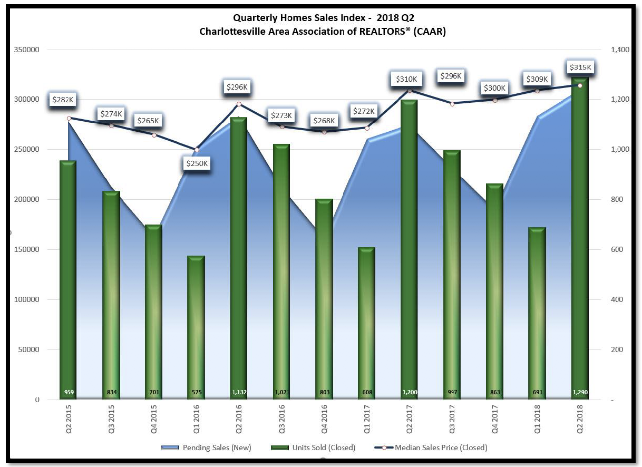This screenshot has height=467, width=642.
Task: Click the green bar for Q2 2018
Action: (x=580, y=238)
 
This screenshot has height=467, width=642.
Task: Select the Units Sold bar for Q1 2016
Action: (x=196, y=327)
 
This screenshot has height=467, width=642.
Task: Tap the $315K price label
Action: (x=580, y=67)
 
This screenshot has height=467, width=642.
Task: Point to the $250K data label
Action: (x=197, y=163)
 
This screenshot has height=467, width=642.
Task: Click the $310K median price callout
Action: (x=406, y=79)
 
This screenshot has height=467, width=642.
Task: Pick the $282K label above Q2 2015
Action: (x=63, y=100)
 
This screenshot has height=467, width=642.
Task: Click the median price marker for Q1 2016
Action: (x=197, y=150)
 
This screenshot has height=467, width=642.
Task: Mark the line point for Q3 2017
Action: (x=452, y=104)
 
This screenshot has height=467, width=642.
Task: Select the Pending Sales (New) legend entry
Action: (x=207, y=447)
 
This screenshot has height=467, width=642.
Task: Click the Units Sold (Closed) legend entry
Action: (x=313, y=447)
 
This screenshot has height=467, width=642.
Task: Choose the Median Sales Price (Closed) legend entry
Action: (x=431, y=447)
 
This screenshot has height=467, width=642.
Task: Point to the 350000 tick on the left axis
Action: (x=27, y=50)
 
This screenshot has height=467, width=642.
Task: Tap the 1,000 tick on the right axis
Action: (x=620, y=149)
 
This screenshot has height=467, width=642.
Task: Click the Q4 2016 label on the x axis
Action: (x=324, y=419)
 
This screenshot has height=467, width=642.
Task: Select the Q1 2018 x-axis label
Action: (x=538, y=419)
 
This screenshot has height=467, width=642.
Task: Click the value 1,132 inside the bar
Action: (x=239, y=392)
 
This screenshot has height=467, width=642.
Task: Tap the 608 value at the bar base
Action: (x=367, y=392)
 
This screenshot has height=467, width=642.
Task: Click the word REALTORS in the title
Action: (x=382, y=32)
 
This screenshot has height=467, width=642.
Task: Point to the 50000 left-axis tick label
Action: (x=28, y=349)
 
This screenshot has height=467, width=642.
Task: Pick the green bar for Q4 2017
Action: (x=495, y=291)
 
